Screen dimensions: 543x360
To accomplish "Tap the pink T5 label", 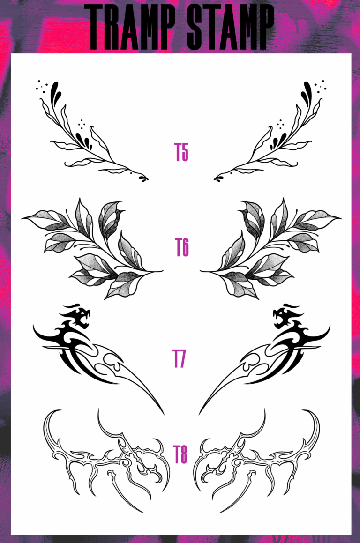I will tap(181, 152).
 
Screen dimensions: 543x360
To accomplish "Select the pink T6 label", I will tap(181, 247).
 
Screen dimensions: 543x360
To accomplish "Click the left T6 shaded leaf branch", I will tap(94, 248).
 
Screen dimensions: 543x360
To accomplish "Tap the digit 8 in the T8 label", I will tap(184, 454).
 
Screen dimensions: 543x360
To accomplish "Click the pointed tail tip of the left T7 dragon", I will tap(163, 413).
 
